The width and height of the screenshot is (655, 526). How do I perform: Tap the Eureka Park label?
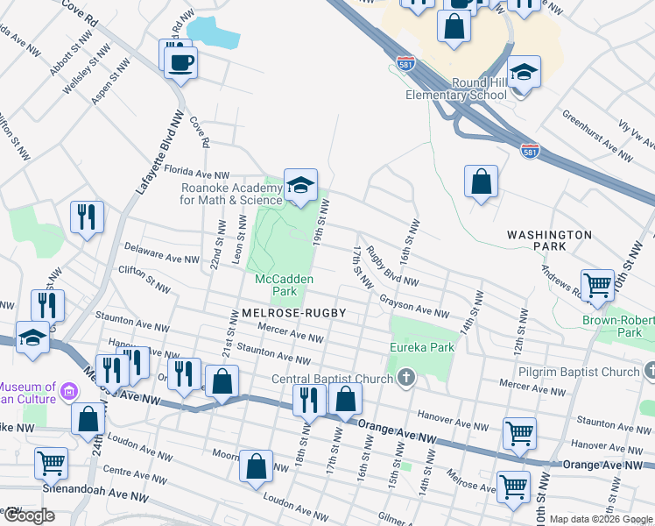point(422,347)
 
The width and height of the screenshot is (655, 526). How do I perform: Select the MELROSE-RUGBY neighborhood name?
point(289,312)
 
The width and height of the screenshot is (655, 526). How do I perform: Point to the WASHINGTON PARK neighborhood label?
point(549,242)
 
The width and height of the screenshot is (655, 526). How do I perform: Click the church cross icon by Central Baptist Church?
point(405,378)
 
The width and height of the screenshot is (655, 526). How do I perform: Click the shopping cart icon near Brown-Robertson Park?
point(597,284)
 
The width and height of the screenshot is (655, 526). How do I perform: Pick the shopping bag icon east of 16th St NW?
point(481,181)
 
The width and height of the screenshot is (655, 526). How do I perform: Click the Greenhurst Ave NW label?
point(596,135)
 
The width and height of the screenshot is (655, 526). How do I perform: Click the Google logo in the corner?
point(28,515)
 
